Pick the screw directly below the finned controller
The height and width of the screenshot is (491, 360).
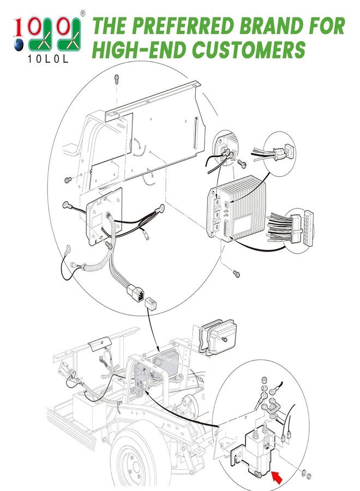pyautogui.click(x=236, y=272)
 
